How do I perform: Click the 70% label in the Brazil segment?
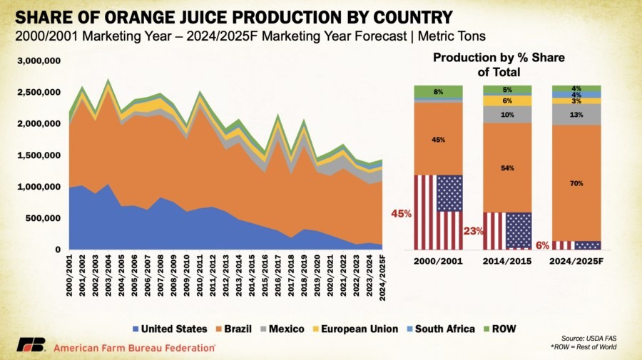[x=576, y=183]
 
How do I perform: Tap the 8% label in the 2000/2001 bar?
[x=439, y=91]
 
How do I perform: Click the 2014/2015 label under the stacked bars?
[x=507, y=261]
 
